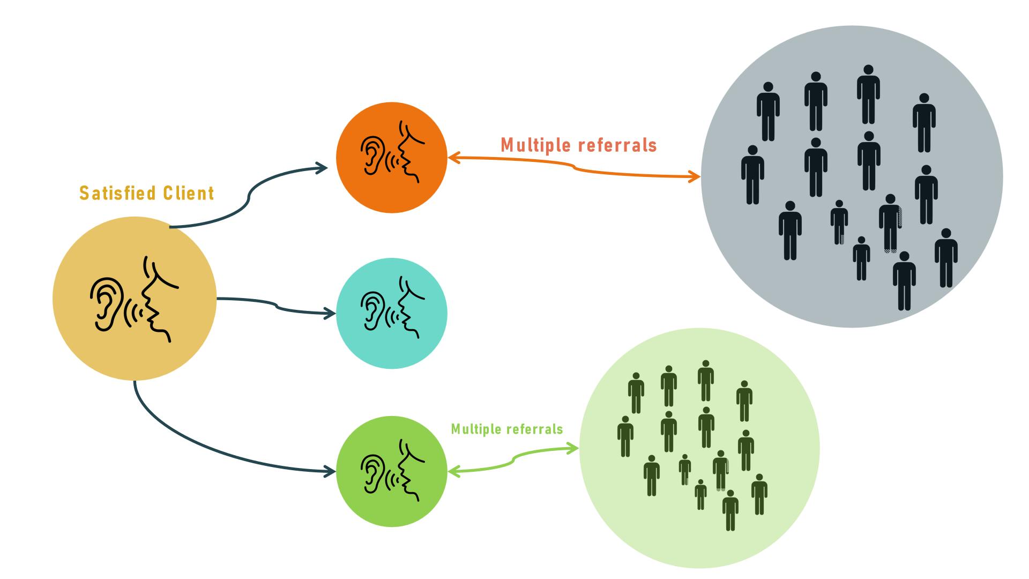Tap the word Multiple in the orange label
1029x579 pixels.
click(x=536, y=145)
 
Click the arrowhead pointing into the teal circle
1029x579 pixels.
click(x=331, y=314)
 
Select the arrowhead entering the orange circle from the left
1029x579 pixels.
click(x=323, y=168)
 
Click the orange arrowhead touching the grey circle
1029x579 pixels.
click(x=696, y=176)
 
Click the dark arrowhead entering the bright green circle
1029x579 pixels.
click(x=331, y=472)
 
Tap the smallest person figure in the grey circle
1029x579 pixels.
click(x=861, y=258)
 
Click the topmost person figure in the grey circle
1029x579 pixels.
click(x=868, y=94)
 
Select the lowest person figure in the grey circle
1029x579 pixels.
click(x=904, y=281)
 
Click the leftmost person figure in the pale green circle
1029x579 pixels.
click(x=625, y=436)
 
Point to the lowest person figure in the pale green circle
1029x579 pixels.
click(x=730, y=510)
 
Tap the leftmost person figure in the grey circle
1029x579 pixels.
click(x=752, y=175)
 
